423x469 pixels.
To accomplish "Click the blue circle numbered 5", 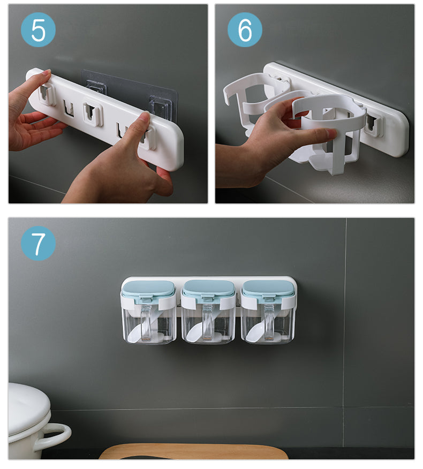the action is click(38, 29).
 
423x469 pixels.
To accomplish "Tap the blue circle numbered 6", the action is click(245, 29).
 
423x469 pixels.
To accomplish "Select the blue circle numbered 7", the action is click(38, 243).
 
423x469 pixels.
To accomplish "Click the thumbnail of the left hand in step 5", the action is click(47, 73).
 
